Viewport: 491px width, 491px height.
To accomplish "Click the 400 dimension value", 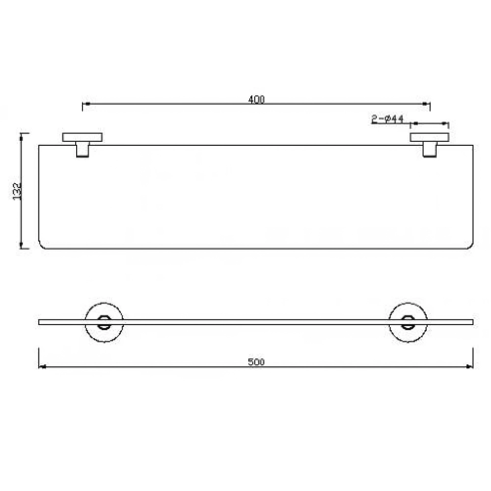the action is point(256,99).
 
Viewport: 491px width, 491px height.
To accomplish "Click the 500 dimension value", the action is point(256,362).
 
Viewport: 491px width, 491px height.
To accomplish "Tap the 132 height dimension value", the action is point(17,191).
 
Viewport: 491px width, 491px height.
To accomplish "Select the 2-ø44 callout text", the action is point(388,119).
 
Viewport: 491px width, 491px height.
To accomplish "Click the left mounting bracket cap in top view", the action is point(82,137).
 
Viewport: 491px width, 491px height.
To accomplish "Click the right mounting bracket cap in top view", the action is point(430,137).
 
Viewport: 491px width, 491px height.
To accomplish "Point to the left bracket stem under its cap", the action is point(82,149).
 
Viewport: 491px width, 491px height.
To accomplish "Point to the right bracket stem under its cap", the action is point(430,149).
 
